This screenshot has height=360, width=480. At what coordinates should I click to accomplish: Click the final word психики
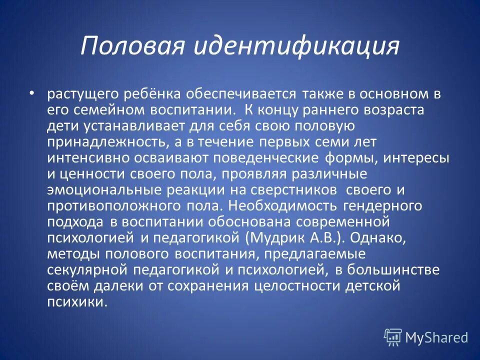click(76, 302)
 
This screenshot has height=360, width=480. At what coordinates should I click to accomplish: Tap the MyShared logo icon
click(392, 337)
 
